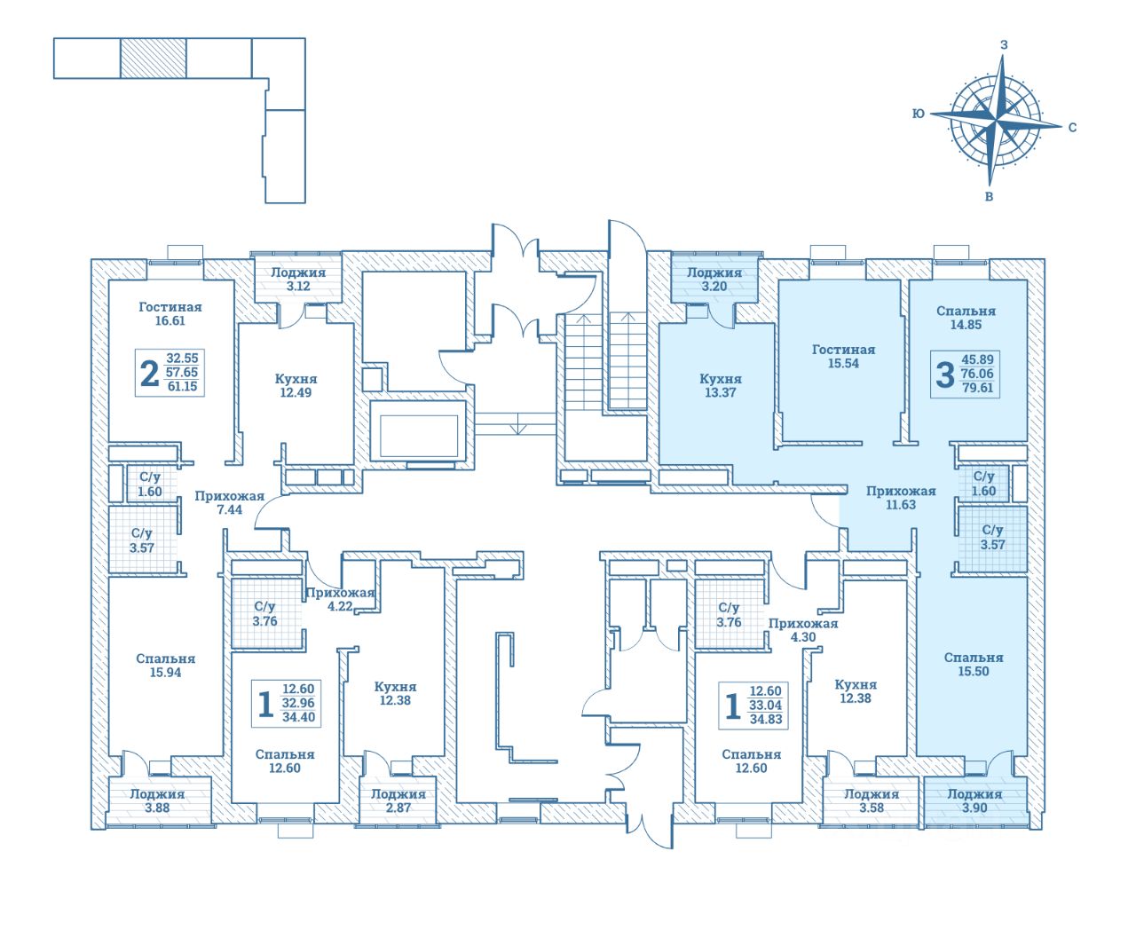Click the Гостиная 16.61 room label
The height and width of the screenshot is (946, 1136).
point(170,314)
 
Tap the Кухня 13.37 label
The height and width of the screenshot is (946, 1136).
point(720,385)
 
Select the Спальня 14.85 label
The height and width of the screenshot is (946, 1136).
point(966,318)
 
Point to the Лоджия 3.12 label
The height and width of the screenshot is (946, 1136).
point(298,280)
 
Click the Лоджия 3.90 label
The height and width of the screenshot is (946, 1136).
point(974,801)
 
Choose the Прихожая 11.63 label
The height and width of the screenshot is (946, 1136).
point(901,498)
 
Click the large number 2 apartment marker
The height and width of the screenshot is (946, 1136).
point(150,374)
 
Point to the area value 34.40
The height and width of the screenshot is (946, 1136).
point(298,717)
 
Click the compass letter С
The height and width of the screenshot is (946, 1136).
point(1072,127)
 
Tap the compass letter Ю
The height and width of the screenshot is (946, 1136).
point(919,114)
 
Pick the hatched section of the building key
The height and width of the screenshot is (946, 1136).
point(153,59)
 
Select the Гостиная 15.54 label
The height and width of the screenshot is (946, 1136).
point(843,356)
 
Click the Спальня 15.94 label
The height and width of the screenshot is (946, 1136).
point(166,666)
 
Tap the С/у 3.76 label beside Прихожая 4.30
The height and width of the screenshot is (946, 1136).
point(729,614)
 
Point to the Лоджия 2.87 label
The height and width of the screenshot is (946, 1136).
point(398,801)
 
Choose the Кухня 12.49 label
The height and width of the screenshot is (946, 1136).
point(296,385)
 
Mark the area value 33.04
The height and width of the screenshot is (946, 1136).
point(766,706)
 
